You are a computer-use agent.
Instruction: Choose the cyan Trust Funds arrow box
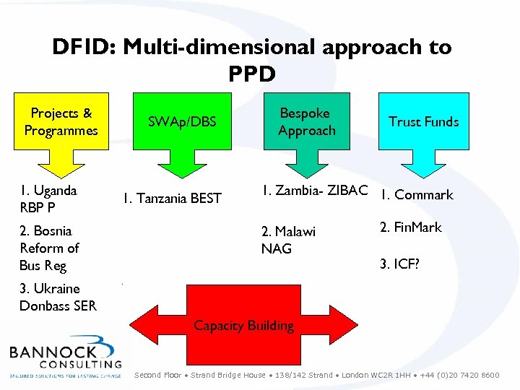click(x=423, y=121)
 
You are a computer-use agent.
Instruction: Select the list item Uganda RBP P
click(x=48, y=199)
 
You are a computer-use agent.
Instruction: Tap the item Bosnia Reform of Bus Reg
click(x=49, y=248)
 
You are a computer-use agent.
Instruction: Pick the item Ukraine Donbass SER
click(x=58, y=297)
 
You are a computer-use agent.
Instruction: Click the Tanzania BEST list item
click(x=172, y=198)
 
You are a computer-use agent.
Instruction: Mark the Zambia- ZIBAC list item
click(x=315, y=191)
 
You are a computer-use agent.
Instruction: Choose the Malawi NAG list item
click(x=288, y=240)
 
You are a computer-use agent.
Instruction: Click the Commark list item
click(x=417, y=195)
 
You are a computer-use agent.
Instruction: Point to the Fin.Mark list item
click(x=410, y=227)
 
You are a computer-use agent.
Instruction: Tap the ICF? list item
click(x=399, y=264)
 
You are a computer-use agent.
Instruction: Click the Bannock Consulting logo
click(x=66, y=357)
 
